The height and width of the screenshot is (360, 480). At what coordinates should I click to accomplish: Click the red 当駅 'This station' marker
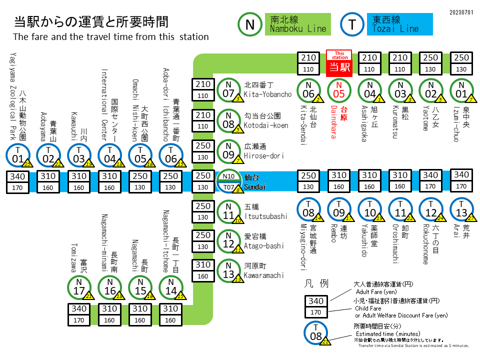tap(339, 63)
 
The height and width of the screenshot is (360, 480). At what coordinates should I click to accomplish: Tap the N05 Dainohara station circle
tap(339, 90)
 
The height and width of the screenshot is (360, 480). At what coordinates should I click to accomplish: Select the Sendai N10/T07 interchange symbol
tap(228, 182)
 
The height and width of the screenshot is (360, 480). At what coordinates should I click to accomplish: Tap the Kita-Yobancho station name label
tap(267, 90)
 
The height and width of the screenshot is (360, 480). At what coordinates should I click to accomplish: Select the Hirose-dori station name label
tap(263, 151)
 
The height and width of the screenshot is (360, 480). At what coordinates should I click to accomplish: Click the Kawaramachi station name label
tap(263, 271)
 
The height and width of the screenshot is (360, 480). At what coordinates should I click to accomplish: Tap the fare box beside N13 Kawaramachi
tap(203, 270)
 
